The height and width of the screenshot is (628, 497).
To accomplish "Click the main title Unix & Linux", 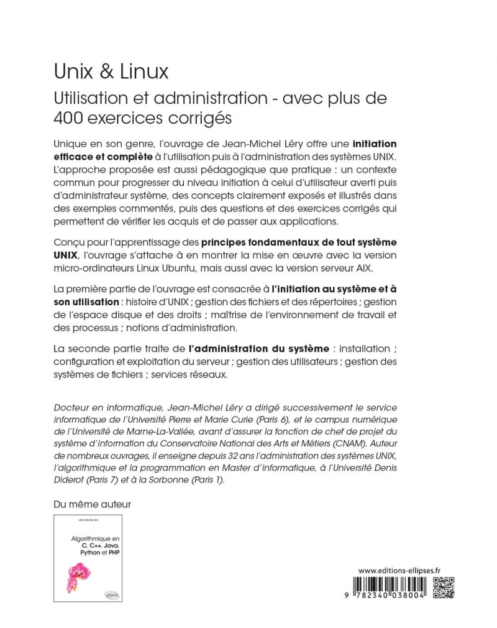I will (x=111, y=72).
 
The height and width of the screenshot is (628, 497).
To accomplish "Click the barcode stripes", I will (x=393, y=584).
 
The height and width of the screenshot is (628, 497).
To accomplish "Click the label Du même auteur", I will (x=92, y=504).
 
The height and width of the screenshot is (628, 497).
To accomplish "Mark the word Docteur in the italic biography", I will (x=71, y=408).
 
